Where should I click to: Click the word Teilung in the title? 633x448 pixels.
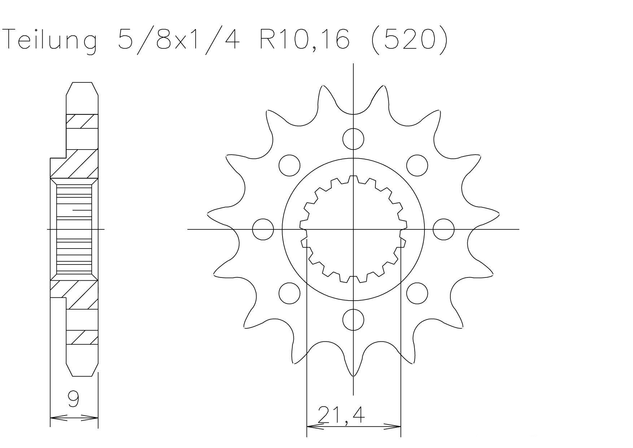tap(50, 39)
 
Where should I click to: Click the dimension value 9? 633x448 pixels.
tap(74, 400)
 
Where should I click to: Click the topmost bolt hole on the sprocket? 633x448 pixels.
tap(353, 139)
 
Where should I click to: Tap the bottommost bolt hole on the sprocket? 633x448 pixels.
tap(353, 319)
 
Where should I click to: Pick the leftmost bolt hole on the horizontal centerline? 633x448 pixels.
tap(263, 229)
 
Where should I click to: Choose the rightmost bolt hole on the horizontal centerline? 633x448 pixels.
tap(444, 229)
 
